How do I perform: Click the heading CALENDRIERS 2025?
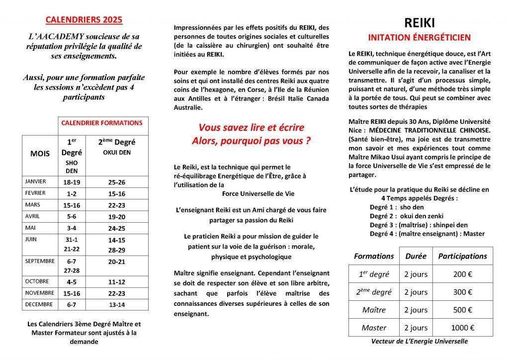[x=84, y=20]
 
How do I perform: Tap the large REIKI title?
[x=419, y=23]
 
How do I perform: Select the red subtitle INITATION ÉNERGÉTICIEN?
[x=419, y=38]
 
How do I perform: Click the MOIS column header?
[x=40, y=154]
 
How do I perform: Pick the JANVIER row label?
[x=35, y=181]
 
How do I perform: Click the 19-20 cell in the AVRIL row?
[x=117, y=216]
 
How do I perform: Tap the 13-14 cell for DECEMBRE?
[x=117, y=305]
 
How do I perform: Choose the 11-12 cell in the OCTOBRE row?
[x=117, y=281]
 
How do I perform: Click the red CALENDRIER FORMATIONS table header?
[x=101, y=123]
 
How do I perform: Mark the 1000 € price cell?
[x=463, y=328]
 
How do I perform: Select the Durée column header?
[x=416, y=256]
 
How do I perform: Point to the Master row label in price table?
[x=374, y=328]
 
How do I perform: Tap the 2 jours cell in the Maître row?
[x=416, y=310]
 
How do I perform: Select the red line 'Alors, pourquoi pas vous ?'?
[x=251, y=141]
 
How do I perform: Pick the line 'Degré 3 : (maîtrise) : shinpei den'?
[x=419, y=225]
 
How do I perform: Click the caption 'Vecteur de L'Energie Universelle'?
[x=419, y=342]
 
